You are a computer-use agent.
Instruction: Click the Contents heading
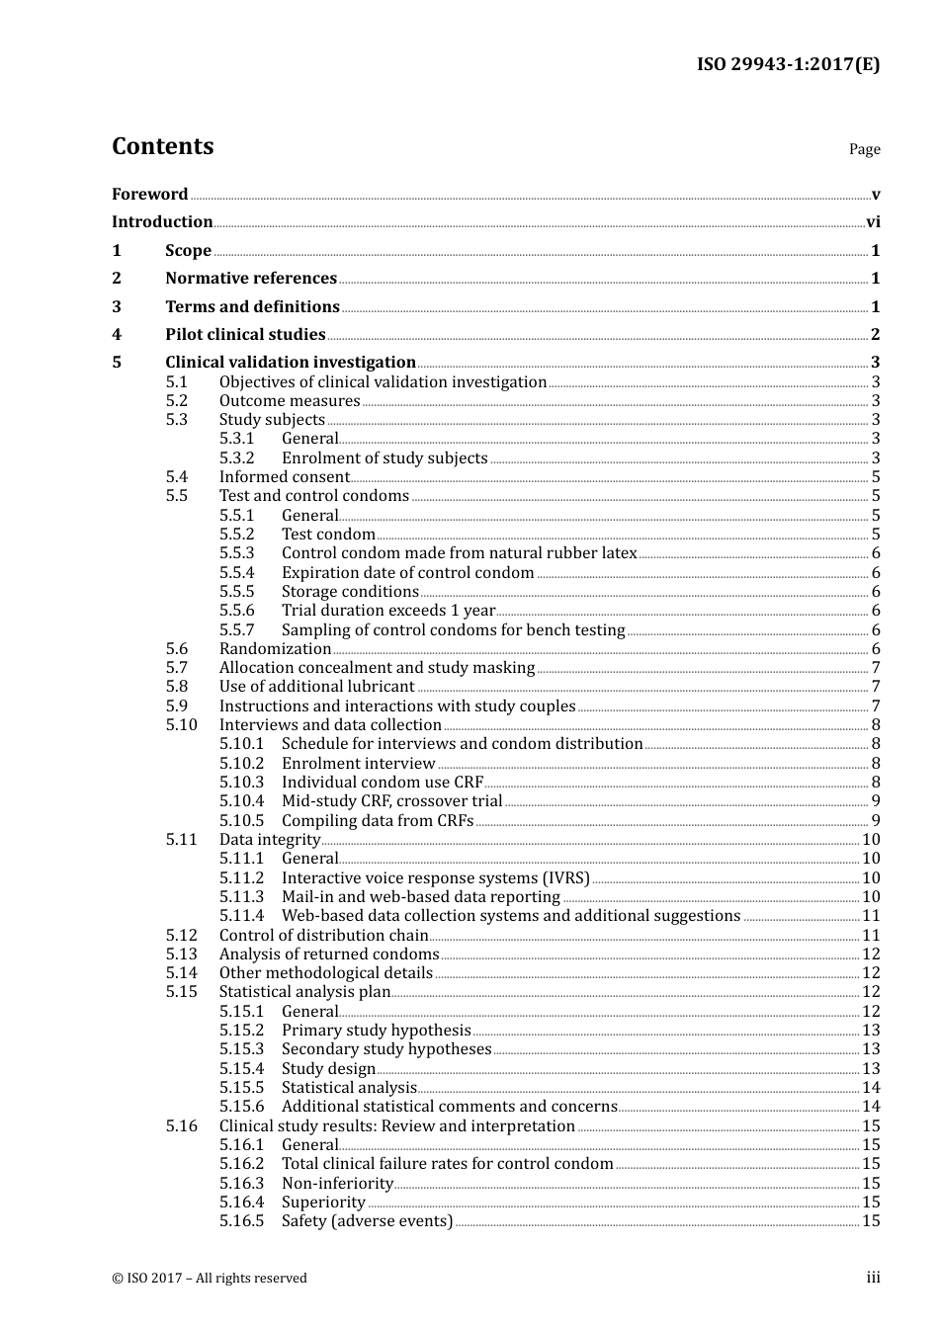pyautogui.click(x=162, y=146)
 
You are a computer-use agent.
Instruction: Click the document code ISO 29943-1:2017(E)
pyautogui.click(x=788, y=64)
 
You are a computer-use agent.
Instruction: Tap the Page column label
pyautogui.click(x=864, y=149)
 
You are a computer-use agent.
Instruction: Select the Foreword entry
pyautogui.click(x=149, y=195)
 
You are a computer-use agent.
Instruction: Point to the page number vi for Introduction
pyautogui.click(x=873, y=222)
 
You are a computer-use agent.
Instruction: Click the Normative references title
pyautogui.click(x=251, y=279)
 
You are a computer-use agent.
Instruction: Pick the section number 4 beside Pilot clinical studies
pyautogui.click(x=117, y=335)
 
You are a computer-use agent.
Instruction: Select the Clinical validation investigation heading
pyautogui.click(x=291, y=363)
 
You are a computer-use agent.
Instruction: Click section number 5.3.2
pyautogui.click(x=236, y=458)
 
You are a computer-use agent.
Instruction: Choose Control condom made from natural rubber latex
pyautogui.click(x=459, y=553)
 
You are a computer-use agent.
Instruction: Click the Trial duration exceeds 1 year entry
pyautogui.click(x=387, y=611)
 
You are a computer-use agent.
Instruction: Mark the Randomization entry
pyautogui.click(x=275, y=649)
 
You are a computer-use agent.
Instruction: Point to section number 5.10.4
pyautogui.click(x=241, y=801)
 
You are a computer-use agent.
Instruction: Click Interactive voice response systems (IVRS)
pyautogui.click(x=435, y=878)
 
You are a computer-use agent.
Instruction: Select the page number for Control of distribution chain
pyautogui.click(x=871, y=936)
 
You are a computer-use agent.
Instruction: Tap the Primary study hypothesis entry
pyautogui.click(x=376, y=1031)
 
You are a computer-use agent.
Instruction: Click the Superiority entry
pyautogui.click(x=323, y=1203)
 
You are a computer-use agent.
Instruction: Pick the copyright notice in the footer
pyautogui.click(x=210, y=1279)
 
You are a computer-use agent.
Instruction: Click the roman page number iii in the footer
pyautogui.click(x=873, y=1278)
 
